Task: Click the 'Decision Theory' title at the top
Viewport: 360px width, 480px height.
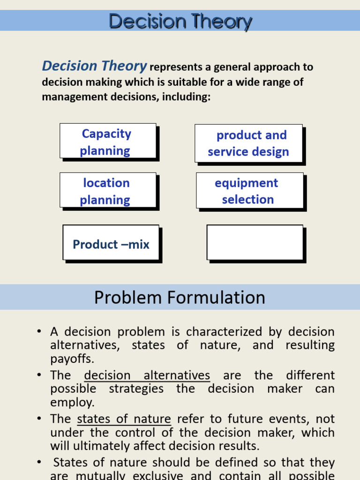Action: pyautogui.click(x=180, y=21)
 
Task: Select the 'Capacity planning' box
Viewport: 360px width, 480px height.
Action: pyautogui.click(x=107, y=141)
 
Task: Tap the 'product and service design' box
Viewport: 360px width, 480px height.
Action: pyautogui.click(x=248, y=143)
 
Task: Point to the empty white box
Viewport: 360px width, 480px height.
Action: pyautogui.click(x=255, y=242)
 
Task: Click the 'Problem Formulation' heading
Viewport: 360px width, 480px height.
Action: pyautogui.click(x=180, y=298)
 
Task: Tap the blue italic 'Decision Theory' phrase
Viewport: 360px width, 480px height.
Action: pyautogui.click(x=94, y=67)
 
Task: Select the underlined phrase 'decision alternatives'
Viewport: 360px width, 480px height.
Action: pyautogui.click(x=147, y=375)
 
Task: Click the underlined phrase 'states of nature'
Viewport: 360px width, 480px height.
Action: pyautogui.click(x=124, y=419)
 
